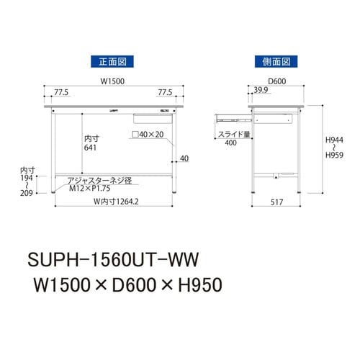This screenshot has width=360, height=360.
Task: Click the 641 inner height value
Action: [x=90, y=148]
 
